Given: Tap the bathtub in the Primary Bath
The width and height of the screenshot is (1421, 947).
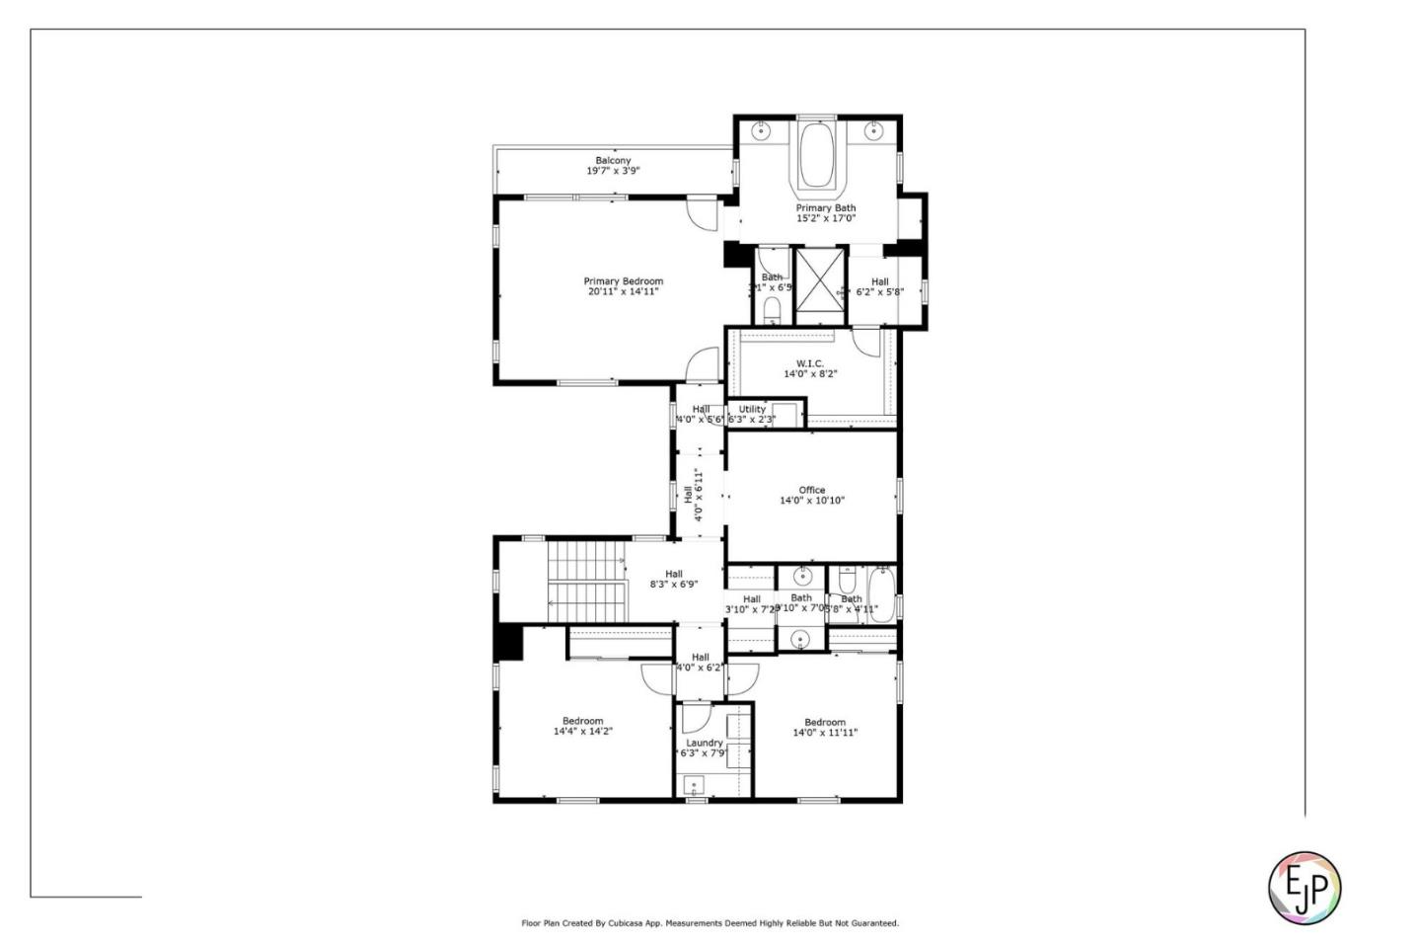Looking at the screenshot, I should [x=816, y=155].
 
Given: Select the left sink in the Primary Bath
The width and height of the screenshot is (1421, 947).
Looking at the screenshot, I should [x=762, y=130].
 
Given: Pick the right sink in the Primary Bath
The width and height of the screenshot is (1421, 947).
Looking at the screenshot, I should [x=873, y=130].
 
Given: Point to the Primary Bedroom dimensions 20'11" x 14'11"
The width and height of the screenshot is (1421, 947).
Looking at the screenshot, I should [x=622, y=292].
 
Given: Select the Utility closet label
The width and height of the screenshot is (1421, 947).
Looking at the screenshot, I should [x=752, y=409].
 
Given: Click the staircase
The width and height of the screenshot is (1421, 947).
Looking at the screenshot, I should [x=587, y=582].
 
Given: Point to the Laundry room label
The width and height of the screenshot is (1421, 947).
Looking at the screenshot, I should [x=705, y=743].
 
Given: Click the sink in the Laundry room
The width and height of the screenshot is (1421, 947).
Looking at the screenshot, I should [x=695, y=787].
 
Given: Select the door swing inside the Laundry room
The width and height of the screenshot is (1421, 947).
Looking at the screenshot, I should [x=695, y=717].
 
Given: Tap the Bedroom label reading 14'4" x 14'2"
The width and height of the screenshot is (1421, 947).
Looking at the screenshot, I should [x=582, y=727].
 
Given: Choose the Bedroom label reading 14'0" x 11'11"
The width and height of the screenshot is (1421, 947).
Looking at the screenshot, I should [x=825, y=728].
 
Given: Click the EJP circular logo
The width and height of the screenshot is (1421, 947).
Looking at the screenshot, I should [x=1304, y=887].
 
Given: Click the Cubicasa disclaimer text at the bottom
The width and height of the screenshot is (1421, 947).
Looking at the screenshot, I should [x=710, y=923].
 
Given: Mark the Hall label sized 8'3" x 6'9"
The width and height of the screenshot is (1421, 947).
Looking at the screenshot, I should [x=673, y=579].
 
